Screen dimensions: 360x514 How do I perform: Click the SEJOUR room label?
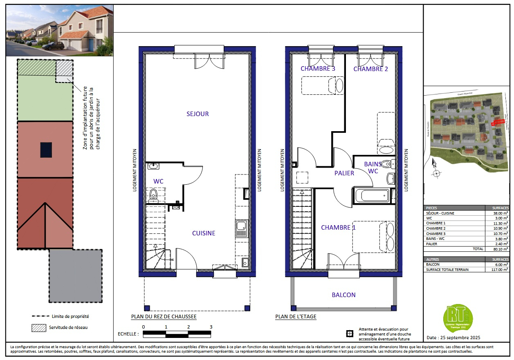tap(198, 114)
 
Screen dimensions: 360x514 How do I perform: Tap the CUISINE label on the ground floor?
tap(204, 233)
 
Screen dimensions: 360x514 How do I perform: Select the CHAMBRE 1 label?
tap(338, 227)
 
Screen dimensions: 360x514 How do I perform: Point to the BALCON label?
tap(343, 295)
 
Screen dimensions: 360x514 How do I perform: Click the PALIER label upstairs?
tap(344, 173)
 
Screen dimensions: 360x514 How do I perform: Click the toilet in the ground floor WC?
tap(154, 195)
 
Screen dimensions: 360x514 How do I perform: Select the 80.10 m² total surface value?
tap(497, 249)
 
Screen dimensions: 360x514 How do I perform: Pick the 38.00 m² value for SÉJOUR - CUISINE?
tap(497, 213)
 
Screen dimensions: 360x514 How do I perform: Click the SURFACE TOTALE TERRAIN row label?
tap(447, 269)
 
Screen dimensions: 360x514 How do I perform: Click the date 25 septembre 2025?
tap(453, 338)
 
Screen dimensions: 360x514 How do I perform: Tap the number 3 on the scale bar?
tap(211, 327)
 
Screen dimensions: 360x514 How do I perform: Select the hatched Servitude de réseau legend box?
tap(38, 327)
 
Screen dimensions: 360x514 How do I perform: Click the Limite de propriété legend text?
tap(70, 316)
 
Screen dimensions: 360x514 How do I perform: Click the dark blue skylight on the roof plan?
tap(46, 150)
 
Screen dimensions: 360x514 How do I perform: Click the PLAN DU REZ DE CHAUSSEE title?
tap(164, 317)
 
